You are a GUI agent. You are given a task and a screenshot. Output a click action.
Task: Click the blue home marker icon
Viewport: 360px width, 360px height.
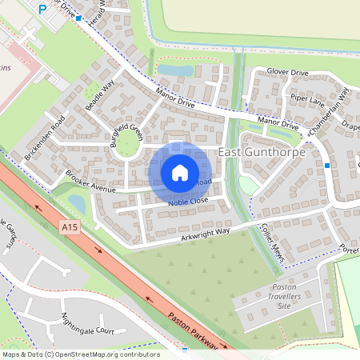tap(180, 172)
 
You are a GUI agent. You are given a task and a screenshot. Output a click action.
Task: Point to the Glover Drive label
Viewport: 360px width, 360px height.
tap(287, 73)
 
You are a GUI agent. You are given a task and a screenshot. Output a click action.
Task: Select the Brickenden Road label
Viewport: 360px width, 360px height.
tap(45, 138)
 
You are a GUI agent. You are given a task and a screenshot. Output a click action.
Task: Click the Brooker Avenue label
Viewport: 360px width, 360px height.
tap(92, 183)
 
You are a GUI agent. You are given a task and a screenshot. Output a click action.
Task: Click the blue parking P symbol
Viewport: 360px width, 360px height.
tap(42, 9)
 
